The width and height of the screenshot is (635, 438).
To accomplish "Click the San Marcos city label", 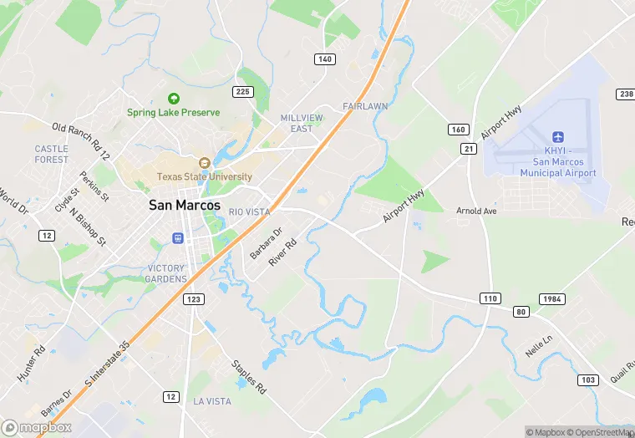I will point(185,205).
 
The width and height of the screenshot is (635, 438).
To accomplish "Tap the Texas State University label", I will point(205,176).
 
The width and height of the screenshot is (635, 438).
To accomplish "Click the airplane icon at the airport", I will point(558,137).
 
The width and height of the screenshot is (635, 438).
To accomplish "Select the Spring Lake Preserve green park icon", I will point(174,98).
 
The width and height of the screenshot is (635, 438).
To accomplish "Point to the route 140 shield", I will point(325,59).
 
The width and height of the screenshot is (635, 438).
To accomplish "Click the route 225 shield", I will point(244,92).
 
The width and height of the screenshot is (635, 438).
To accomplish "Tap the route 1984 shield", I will point(551,298).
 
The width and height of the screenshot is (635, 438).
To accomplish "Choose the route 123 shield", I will point(194,298).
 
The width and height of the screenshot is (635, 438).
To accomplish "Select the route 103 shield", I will point(587,379).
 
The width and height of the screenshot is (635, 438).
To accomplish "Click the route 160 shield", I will point(457,129).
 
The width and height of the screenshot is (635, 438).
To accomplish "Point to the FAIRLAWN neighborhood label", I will point(365,107).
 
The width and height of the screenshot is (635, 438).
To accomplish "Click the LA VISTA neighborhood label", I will point(212,401).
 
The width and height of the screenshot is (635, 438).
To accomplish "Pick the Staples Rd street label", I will point(248,376).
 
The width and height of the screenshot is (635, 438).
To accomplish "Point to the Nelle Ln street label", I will point(538,345).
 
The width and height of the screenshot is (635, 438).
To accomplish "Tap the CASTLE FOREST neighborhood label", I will point(52,154).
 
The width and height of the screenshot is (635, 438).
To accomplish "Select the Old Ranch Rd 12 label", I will point(81,140).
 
